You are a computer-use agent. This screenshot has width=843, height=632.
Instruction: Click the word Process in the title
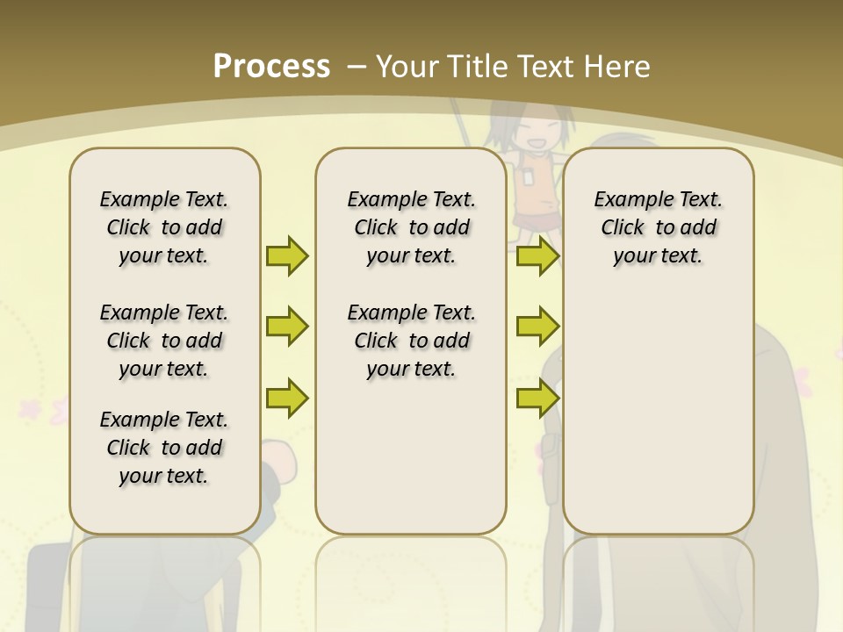271,66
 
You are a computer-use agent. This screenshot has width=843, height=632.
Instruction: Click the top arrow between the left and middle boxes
287,255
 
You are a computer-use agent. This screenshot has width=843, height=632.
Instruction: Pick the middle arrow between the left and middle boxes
287,327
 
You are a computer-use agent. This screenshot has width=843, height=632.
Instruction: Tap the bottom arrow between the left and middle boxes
287,398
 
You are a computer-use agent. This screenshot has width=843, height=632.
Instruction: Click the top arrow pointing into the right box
537,255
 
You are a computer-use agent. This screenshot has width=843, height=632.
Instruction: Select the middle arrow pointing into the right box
537,327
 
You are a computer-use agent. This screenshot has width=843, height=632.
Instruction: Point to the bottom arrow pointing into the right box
537,398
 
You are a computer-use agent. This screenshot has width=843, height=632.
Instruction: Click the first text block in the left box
164,227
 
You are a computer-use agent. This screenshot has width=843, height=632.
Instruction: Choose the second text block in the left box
164,341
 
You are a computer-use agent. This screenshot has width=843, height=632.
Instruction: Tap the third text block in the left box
164,448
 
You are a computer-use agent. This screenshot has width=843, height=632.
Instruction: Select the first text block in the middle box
411,227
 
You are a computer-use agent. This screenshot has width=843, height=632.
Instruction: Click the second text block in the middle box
411,341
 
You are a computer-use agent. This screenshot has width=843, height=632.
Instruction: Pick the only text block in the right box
658,227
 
